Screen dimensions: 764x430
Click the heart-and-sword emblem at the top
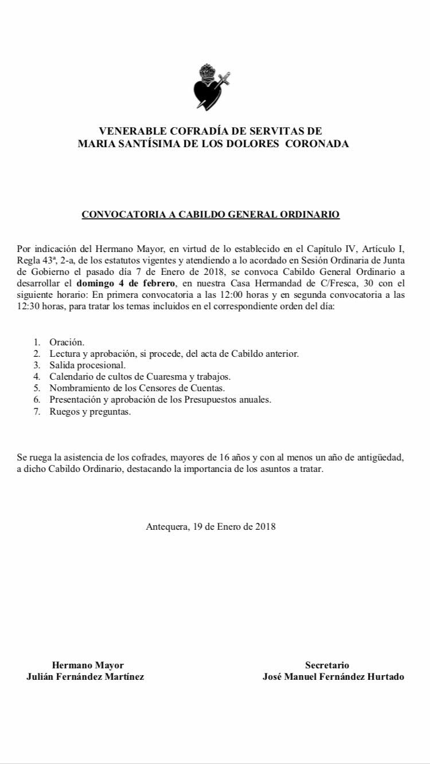pos(209,87)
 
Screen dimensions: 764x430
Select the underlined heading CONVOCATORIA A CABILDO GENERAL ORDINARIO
pos(210,215)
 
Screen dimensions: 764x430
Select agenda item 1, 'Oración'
pos(67,342)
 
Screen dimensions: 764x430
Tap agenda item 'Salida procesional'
pos(87,365)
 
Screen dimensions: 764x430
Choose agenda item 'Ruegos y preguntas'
pos(90,411)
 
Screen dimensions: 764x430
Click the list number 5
pos(37,388)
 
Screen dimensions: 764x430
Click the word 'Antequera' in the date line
pos(165,526)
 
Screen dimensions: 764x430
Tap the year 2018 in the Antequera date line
pos(265,526)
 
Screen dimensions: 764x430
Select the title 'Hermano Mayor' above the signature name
pos(88,665)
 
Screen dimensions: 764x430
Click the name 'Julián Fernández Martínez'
pos(85,676)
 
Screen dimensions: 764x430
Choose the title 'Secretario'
pos(327,665)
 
